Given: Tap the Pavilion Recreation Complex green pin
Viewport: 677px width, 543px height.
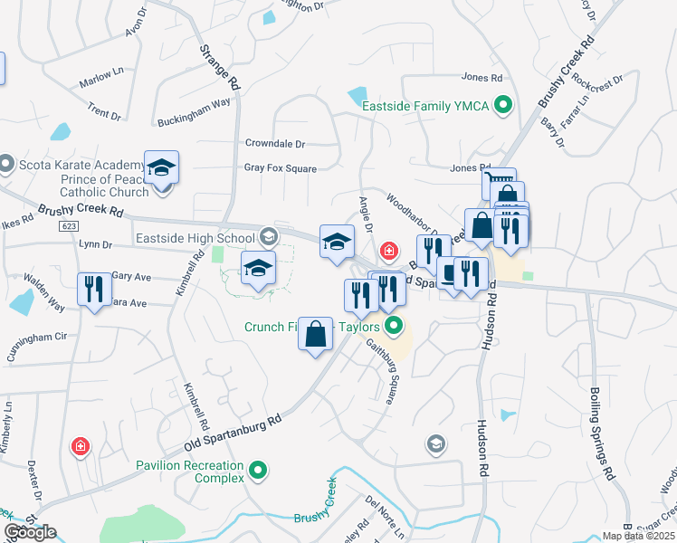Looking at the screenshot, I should click(x=259, y=470).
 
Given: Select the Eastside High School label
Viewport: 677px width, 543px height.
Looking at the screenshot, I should click(x=195, y=238).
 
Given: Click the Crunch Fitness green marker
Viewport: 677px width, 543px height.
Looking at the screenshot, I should click(x=393, y=327).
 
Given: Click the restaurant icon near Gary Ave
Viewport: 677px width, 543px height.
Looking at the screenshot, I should click(x=93, y=290).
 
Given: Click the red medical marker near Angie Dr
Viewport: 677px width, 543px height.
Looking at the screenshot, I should click(x=389, y=250).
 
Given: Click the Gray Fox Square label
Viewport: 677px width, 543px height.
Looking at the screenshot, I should click(x=280, y=168).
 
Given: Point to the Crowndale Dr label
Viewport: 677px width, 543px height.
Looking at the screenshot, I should click(x=275, y=143).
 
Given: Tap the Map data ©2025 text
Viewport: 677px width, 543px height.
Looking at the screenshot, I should click(x=637, y=536).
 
